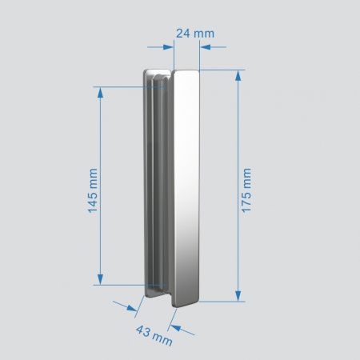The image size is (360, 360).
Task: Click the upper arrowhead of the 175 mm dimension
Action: pos(238,76)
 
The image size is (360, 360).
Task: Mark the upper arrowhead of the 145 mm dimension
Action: pos(101,91)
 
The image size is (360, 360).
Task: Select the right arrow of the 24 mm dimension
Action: pos(205,47)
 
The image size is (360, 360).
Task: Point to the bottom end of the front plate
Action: pos(186,302)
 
